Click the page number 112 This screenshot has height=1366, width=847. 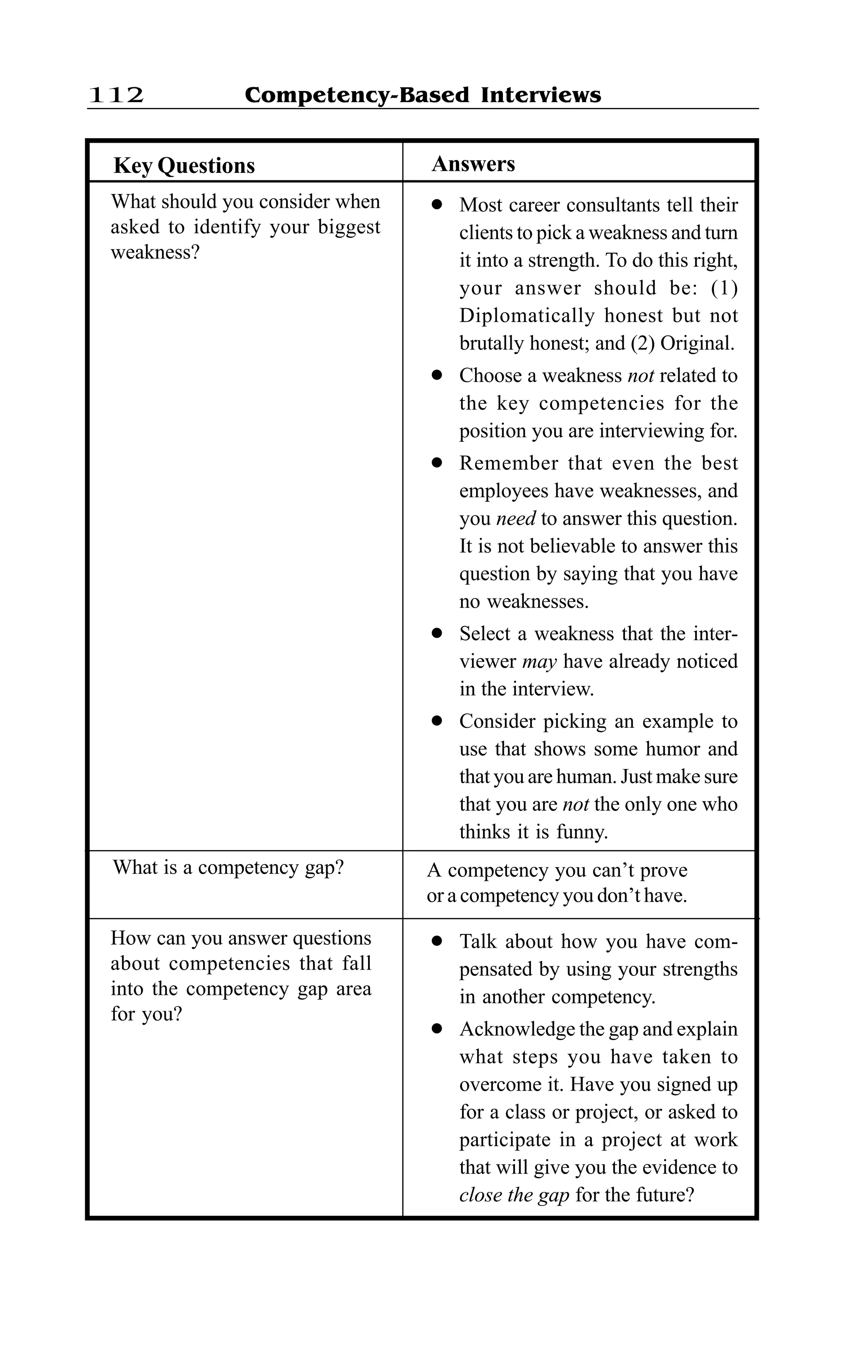tap(116, 95)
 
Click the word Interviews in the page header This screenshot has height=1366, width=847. tap(541, 95)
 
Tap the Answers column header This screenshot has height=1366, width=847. tap(474, 163)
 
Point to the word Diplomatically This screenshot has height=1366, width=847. tap(526, 316)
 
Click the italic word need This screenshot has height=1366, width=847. tap(515, 518)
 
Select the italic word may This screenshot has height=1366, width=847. tap(539, 662)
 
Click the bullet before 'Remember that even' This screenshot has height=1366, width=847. tap(437, 463)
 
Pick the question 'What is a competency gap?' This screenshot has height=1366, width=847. tap(229, 868)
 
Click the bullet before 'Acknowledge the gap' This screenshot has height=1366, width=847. tap(437, 1029)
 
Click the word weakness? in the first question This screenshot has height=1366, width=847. tap(155, 253)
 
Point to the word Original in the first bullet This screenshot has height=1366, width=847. tap(696, 343)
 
